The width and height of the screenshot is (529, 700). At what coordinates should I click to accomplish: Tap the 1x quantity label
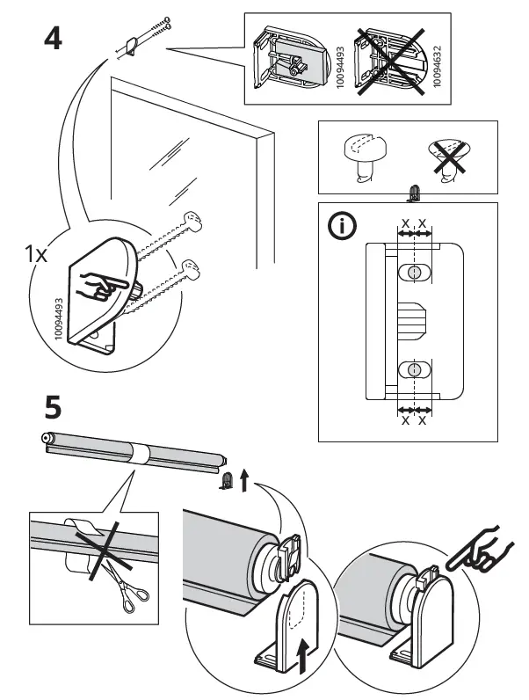pos(37,254)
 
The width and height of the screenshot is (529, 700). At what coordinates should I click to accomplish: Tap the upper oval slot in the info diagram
pos(412,273)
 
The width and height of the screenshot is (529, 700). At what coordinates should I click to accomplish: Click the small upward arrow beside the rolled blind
pos(244,479)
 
